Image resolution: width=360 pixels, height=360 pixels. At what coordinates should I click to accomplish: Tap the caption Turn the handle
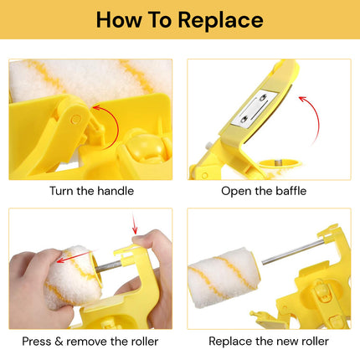coord(90,191)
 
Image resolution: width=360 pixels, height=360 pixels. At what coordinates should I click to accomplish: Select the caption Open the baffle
coord(264,191)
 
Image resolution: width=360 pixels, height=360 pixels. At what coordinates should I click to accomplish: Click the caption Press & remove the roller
coord(90,341)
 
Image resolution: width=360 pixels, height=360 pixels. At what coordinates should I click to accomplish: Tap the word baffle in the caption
coord(288,191)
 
